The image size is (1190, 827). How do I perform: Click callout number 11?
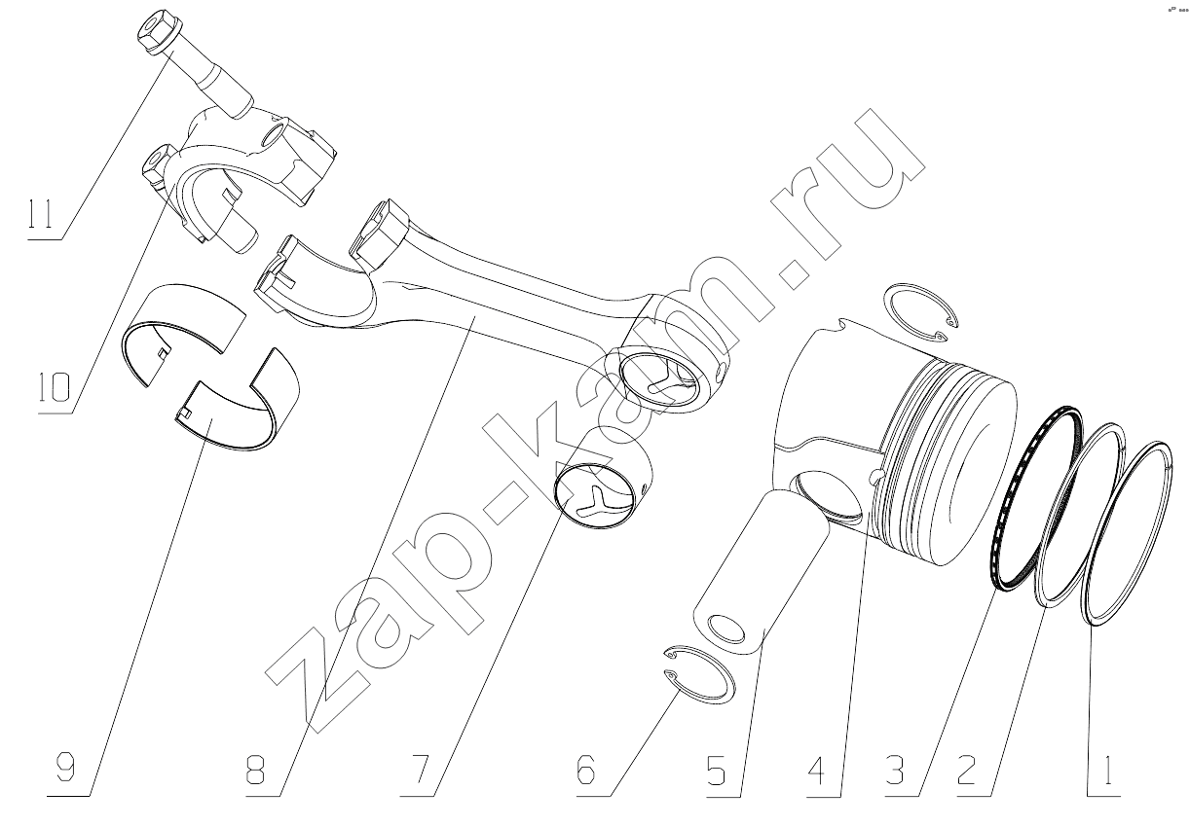(41, 214)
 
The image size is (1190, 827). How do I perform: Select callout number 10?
(55, 387)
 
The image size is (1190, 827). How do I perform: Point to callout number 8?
(255, 771)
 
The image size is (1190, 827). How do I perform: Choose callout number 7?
(420, 771)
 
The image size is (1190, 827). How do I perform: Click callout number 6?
(585, 771)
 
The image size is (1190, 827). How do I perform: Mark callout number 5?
(716, 771)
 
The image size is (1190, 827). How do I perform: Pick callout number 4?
(815, 771)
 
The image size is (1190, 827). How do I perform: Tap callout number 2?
(966, 771)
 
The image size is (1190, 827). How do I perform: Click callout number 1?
(1107, 771)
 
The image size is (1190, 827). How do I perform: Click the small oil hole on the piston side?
(876, 477)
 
